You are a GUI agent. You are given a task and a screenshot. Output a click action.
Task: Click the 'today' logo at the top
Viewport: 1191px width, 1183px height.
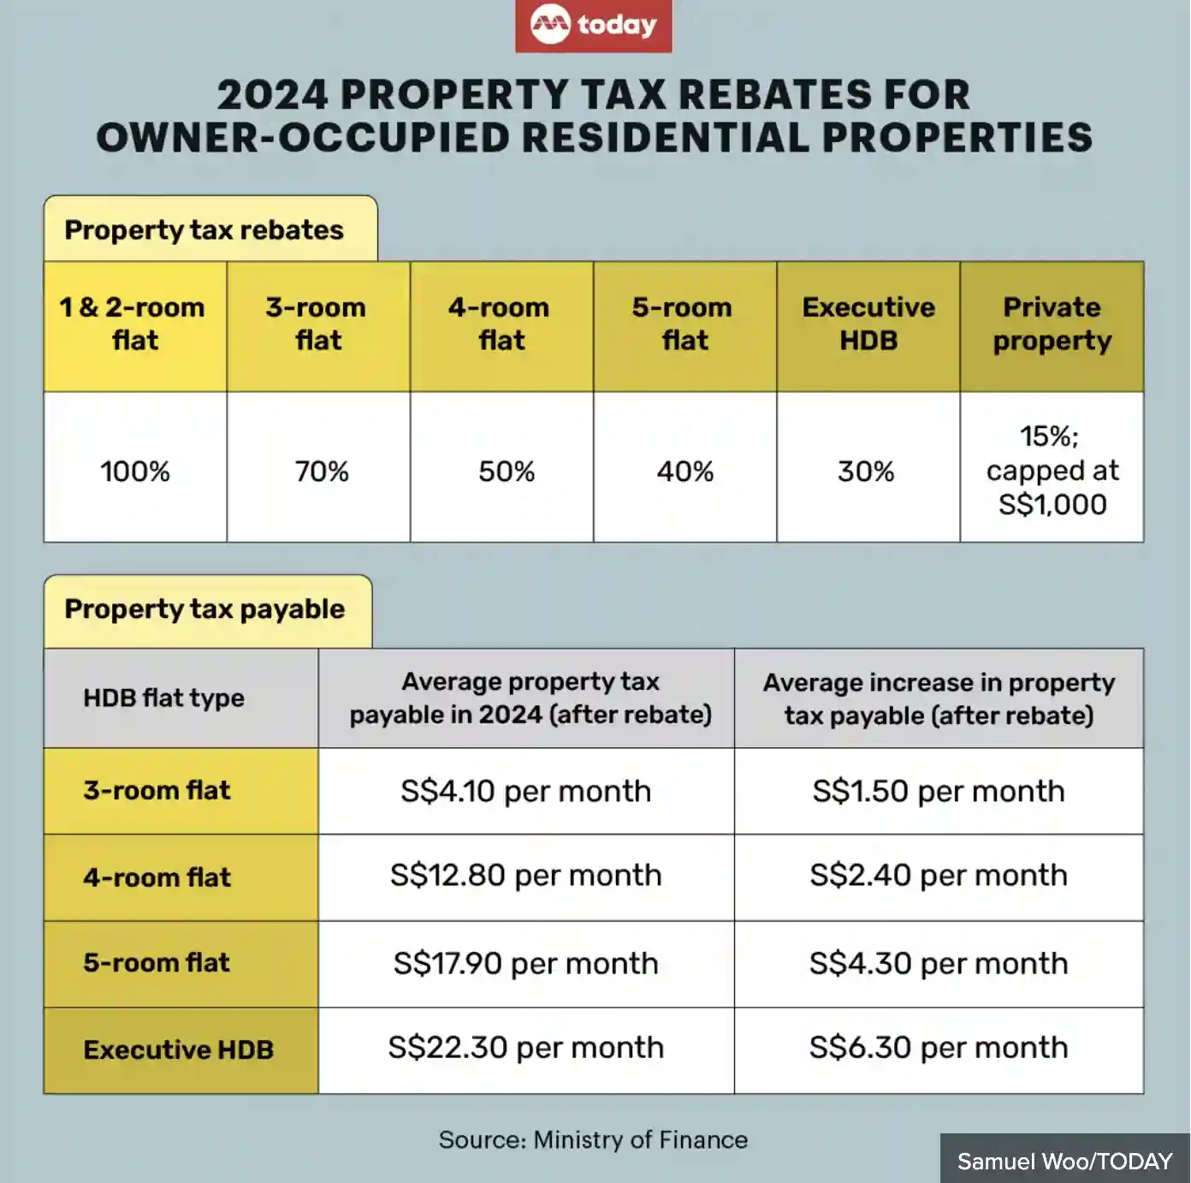[594, 26]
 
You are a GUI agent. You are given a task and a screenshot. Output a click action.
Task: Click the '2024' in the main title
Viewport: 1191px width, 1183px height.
[272, 94]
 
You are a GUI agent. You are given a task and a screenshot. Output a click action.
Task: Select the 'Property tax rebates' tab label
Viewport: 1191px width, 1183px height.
[204, 230]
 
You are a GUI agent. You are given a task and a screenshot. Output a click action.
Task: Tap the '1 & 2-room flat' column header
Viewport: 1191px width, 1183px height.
[134, 324]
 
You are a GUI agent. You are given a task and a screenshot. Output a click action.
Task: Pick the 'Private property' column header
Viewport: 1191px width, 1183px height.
[1052, 324]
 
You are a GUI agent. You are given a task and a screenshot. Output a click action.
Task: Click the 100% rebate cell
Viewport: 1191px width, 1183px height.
[135, 471]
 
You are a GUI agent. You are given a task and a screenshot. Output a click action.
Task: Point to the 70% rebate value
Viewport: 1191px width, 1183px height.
[322, 471]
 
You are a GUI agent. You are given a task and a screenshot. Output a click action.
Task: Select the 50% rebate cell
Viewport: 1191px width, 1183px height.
[507, 471]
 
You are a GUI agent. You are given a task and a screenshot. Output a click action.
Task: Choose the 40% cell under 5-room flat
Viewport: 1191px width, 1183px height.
[685, 471]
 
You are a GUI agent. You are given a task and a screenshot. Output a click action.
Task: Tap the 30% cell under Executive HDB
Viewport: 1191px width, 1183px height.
[866, 471]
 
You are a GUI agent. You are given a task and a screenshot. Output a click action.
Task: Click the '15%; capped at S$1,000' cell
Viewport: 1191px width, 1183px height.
[1052, 470]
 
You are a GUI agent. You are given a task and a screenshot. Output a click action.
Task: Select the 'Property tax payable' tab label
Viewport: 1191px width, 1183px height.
[204, 609]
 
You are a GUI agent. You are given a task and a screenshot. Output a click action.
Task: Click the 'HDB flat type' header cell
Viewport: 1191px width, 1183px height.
[164, 699]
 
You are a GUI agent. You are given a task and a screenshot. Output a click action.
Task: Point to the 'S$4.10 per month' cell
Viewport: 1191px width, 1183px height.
[525, 791]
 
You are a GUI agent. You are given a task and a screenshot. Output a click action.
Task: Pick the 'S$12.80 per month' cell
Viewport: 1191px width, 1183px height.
[525, 876]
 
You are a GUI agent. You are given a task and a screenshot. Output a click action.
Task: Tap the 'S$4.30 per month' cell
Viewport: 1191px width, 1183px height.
[939, 964]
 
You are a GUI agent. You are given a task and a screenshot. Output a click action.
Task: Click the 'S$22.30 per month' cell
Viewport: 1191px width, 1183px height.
[525, 1048]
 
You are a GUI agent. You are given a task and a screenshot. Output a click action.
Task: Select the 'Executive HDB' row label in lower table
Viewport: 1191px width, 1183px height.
[178, 1050]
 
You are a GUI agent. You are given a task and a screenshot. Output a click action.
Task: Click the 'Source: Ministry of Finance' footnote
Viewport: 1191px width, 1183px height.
[593, 1140]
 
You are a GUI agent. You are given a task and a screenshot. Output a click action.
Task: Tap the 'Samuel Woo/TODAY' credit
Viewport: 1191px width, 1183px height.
[1064, 1162]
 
